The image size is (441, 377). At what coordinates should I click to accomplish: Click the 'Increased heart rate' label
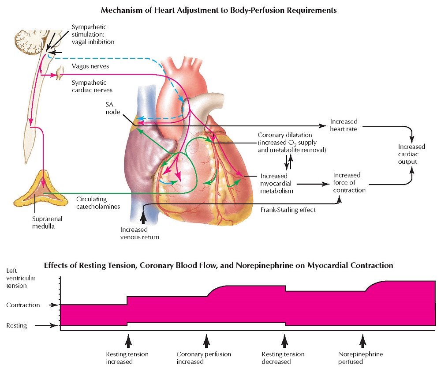click(344, 125)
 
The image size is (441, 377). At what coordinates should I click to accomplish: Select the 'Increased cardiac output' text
click(411, 154)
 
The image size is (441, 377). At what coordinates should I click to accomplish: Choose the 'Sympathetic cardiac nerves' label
click(91, 87)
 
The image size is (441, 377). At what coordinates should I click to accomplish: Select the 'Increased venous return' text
click(140, 234)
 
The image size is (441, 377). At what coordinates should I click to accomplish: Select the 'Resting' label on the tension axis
click(17, 326)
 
